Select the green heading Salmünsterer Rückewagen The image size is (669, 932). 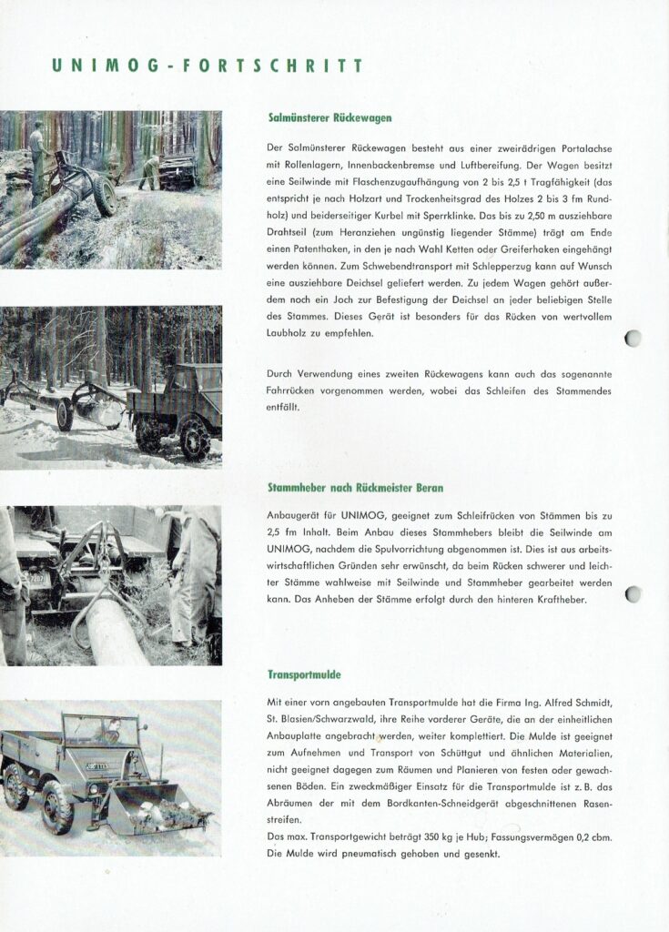point(330,117)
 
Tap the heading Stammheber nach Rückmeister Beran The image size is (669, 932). point(356,488)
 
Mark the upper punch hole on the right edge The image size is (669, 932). point(633,339)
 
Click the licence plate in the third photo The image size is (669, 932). point(38,580)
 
